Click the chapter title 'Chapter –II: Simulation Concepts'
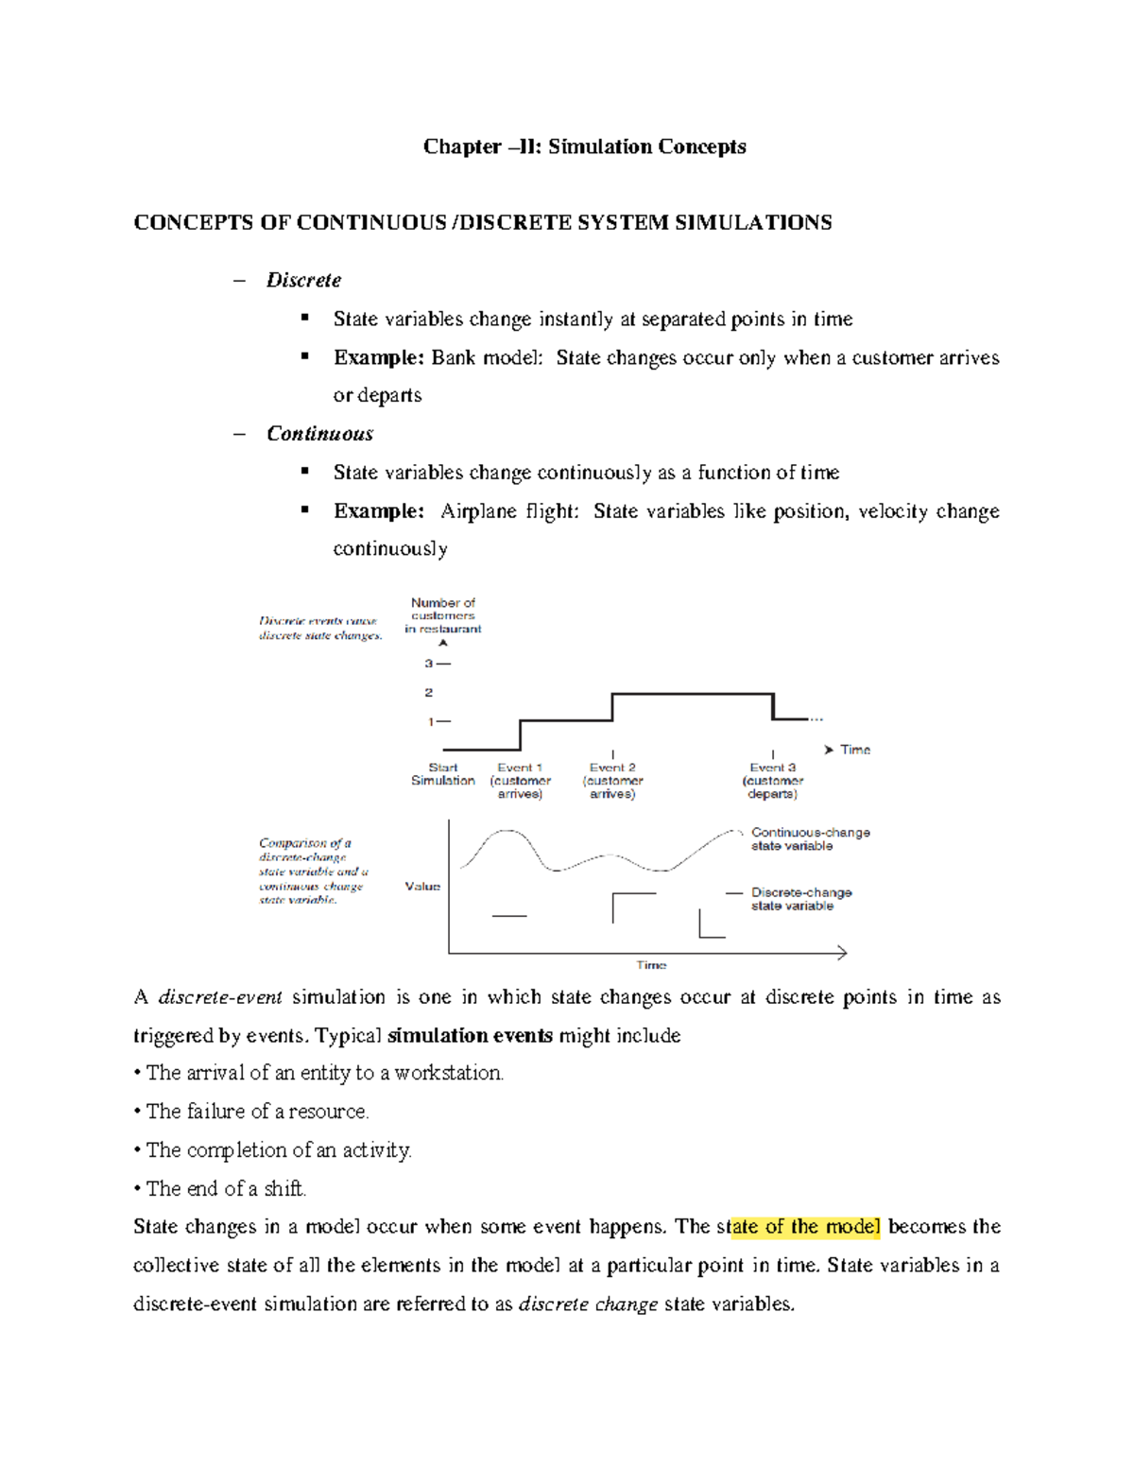584,147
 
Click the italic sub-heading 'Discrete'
303,280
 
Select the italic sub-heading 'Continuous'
319,434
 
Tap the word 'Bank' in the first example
454,358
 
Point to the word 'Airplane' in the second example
480,511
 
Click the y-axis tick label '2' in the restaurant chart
429,693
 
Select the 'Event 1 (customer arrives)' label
520,781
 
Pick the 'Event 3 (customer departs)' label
773,781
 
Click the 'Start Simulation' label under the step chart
443,774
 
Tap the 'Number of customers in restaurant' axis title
443,615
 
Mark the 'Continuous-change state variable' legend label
810,839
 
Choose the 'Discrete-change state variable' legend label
801,899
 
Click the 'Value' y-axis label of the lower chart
422,887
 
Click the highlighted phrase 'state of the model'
805,1227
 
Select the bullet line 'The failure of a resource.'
256,1112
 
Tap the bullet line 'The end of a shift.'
226,1189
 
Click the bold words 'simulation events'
470,1036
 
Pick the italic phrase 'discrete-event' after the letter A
220,997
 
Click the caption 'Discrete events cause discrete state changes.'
320,629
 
